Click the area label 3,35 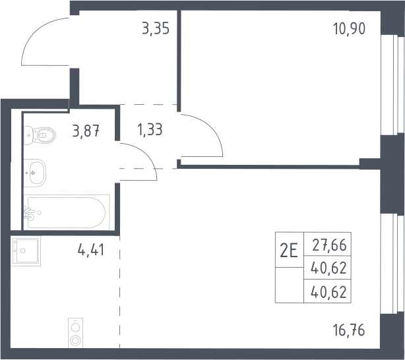pos(156,28)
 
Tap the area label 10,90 pos(349,28)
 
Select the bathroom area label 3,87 pos(86,131)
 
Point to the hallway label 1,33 pos(150,129)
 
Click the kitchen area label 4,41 pos(91,250)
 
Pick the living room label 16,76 pos(349,330)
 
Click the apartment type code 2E pos(289,251)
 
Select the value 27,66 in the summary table pos(329,245)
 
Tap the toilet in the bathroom pos(40,135)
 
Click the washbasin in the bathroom pos(35,173)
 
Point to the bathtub pos(67,212)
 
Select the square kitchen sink pos(26,251)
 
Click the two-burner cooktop pos(75,333)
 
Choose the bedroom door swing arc pos(212,129)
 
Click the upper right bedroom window pos(392,84)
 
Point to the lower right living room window pos(392,264)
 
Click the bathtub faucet pos(30,214)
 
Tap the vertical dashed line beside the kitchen pos(119,292)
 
